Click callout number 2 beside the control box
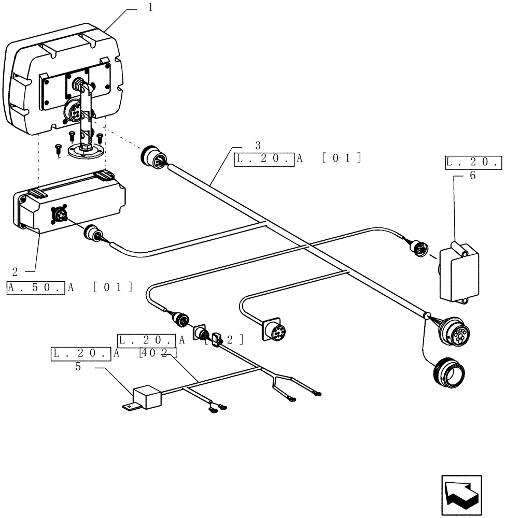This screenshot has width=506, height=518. click(x=15, y=271)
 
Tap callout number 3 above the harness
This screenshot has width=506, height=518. click(x=258, y=145)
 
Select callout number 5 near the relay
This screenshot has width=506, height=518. click(x=78, y=367)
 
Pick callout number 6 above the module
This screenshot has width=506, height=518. click(x=472, y=176)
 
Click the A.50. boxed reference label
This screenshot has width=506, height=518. click(x=36, y=287)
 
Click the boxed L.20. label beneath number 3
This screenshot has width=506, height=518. click(x=264, y=158)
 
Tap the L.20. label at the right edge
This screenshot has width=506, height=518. click(x=473, y=162)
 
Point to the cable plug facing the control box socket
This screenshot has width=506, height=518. click(x=93, y=233)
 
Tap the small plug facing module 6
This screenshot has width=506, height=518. click(x=419, y=250)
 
